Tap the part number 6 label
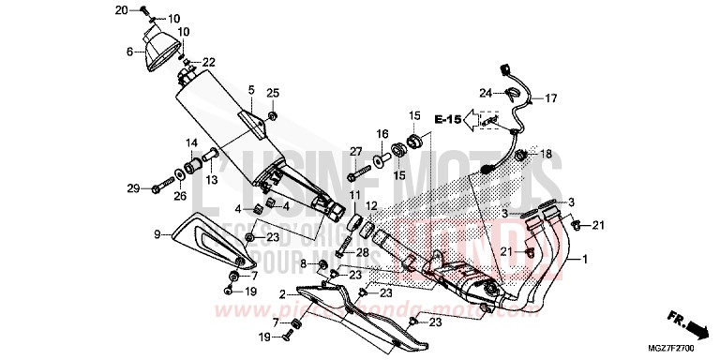click(x=130, y=53)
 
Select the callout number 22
click(x=208, y=62)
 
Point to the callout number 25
click(x=273, y=92)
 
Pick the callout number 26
click(x=179, y=196)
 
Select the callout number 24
click(x=486, y=93)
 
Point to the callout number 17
click(x=551, y=97)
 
